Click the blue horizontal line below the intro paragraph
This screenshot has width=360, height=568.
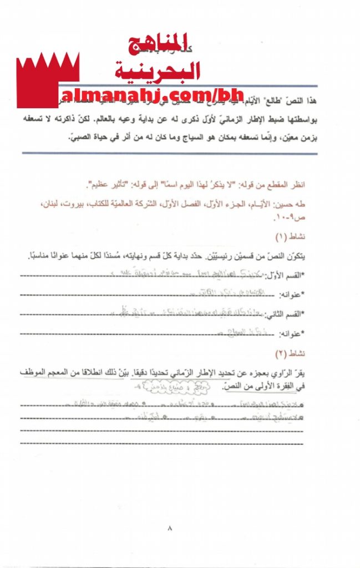pyautogui.click(x=167, y=153)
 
